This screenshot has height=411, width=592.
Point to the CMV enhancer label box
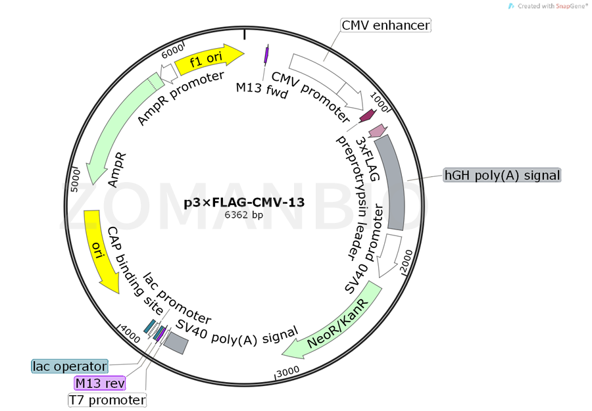pos(385,26)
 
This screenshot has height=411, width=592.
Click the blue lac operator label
pos(70,366)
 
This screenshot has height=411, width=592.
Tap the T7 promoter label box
pos(107,400)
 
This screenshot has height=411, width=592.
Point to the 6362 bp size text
pos(244,215)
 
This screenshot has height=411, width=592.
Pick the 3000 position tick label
pos(289,372)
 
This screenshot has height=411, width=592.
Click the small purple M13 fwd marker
pos(266,55)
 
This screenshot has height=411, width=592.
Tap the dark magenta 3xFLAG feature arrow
pos(366,116)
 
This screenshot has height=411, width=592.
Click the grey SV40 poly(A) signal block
pos(176,341)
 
